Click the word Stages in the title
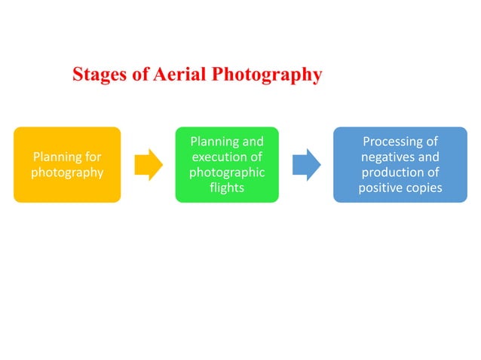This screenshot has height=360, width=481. [99, 75]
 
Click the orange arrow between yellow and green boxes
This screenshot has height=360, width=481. [149, 165]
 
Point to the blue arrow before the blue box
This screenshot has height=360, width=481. [307, 165]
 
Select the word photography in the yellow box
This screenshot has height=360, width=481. [67, 172]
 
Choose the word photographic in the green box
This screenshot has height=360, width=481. [227, 172]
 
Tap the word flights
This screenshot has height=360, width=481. [227, 188]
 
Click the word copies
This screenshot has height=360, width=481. [425, 188]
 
